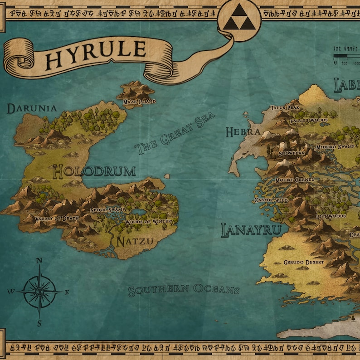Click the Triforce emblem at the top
239,19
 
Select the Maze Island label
140,102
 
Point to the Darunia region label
32,108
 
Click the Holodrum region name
94,171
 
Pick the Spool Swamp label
107,210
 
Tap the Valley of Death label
50,219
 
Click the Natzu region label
135,241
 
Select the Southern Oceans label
183,290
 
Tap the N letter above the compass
39,260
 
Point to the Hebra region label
243,132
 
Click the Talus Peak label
285,108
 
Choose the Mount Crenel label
294,180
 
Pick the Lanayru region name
251,230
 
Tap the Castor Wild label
271,199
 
